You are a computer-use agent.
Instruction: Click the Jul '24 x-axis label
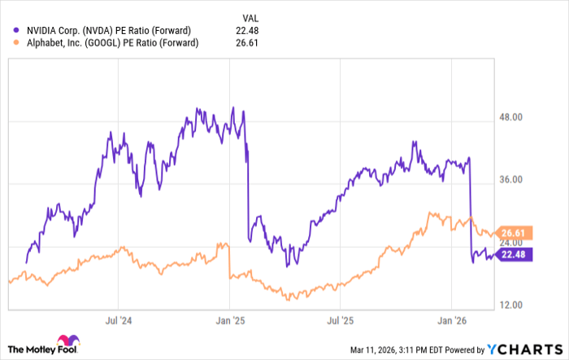click(x=119, y=321)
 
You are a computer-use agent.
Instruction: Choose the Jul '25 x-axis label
click(x=341, y=321)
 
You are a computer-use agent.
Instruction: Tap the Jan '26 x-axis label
click(x=453, y=321)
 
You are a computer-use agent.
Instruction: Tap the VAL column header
click(x=252, y=16)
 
